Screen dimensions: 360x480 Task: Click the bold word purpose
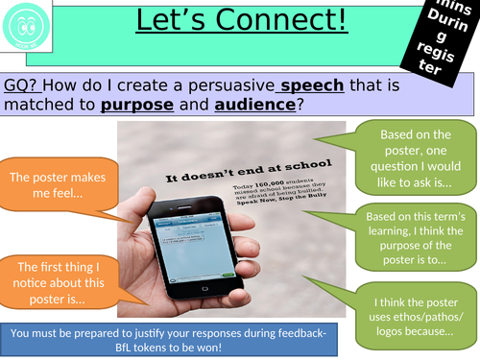pos(143,103)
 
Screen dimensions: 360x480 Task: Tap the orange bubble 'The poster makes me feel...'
pos(60,185)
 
